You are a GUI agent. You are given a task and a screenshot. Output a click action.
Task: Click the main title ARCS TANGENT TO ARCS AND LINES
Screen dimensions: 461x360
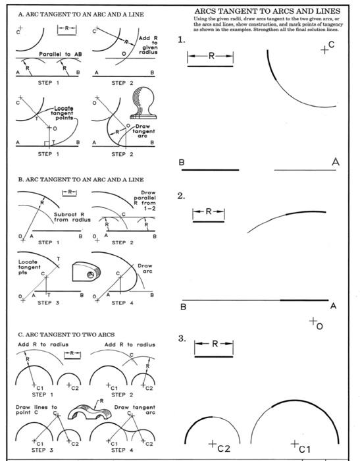[268, 11]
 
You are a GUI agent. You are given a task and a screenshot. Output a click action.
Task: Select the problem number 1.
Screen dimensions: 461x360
[182, 41]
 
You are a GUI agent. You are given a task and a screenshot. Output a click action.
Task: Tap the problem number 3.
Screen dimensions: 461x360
[182, 339]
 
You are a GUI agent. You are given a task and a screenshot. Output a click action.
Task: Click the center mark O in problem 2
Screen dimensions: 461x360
[315, 323]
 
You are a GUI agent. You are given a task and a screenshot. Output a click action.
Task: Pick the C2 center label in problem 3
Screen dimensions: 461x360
[220, 448]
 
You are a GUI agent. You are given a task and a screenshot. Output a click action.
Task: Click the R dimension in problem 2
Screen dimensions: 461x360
[208, 212]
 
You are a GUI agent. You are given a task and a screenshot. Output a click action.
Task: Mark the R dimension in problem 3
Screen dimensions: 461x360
[214, 344]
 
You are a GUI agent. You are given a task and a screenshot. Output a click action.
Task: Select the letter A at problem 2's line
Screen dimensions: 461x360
[333, 306]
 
